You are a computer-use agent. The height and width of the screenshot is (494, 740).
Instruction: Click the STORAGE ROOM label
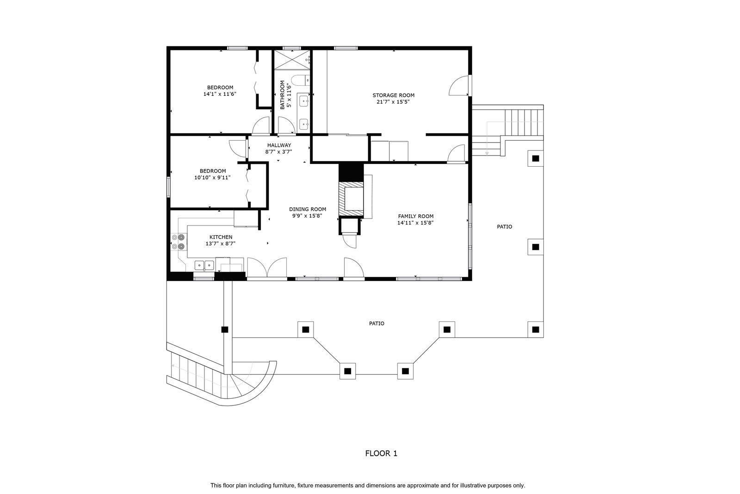click(393, 95)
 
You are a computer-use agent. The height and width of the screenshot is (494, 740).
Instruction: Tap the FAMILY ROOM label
click(416, 216)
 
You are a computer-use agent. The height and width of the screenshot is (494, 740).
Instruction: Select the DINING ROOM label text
click(308, 209)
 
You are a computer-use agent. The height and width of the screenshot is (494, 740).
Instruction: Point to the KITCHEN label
click(221, 237)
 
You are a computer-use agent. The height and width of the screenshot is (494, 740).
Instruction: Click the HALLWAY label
click(279, 145)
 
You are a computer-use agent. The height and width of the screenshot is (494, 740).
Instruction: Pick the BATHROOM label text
click(283, 95)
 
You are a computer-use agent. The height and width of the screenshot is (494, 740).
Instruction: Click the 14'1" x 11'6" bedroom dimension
click(220, 94)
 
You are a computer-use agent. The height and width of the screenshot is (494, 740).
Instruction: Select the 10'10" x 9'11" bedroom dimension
click(212, 178)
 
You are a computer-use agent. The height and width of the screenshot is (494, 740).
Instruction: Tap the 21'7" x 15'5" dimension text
click(393, 102)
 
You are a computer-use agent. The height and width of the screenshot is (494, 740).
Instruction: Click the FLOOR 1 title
click(381, 453)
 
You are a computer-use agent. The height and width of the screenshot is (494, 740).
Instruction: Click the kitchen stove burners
click(178, 242)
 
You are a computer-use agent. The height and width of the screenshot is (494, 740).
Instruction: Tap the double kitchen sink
click(204, 265)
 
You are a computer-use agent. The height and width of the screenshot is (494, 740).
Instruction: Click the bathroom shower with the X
click(292, 60)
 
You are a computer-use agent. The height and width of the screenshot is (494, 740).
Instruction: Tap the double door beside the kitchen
click(267, 267)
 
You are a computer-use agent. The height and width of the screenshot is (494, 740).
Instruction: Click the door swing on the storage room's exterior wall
click(459, 86)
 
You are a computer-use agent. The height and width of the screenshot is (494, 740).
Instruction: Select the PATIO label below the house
click(376, 323)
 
